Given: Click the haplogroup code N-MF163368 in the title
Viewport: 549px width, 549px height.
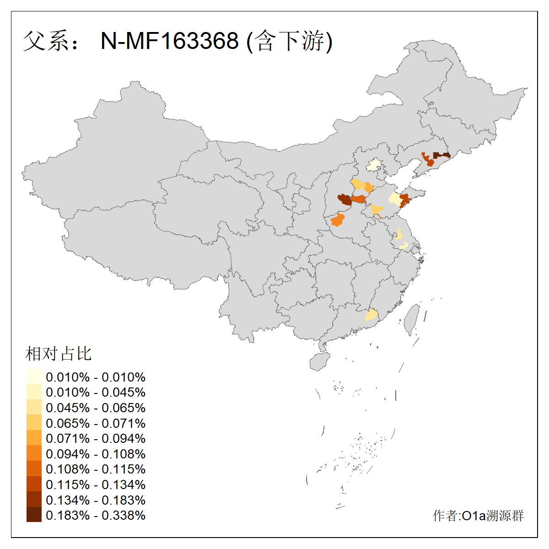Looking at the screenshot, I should point(169,41).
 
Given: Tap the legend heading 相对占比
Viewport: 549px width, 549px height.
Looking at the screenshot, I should point(59,354).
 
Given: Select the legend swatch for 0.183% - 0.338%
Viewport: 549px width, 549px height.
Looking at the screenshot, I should point(34,515).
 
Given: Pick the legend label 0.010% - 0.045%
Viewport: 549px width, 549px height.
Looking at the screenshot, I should point(96,393).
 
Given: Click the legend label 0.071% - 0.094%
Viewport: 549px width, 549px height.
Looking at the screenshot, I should point(96,439).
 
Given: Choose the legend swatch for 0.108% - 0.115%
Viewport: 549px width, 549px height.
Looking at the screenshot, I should point(34,469).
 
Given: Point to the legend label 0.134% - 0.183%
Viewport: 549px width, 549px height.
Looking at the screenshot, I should point(96,500).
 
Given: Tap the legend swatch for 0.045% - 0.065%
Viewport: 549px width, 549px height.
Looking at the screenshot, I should point(34,408).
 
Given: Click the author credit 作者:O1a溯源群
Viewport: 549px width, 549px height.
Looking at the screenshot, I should point(478,516).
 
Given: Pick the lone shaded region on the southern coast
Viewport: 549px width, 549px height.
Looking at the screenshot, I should point(371,315).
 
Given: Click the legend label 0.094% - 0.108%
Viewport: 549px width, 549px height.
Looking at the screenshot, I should point(96,454).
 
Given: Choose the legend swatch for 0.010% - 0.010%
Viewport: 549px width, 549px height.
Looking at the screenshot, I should point(34,377).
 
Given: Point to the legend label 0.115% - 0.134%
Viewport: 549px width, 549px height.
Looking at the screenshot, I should point(96,484).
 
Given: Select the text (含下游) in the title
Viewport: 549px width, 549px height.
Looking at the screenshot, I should point(289,41).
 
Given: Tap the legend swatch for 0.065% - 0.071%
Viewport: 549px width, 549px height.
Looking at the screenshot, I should point(34,423).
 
